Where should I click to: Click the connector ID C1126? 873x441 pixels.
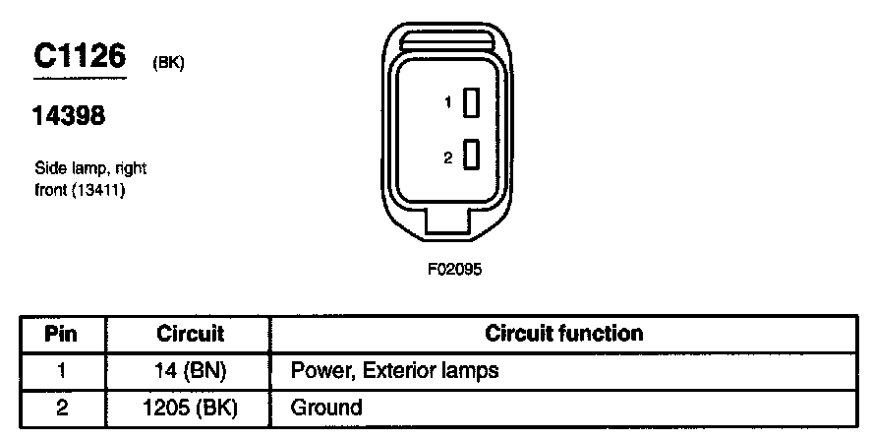point(81,58)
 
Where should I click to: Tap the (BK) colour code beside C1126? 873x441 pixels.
point(169,63)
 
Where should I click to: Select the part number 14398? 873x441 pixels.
point(70,116)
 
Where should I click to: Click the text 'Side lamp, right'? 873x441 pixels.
point(90,169)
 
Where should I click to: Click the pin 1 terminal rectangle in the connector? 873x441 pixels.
point(472,102)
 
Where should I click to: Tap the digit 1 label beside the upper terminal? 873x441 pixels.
point(447,102)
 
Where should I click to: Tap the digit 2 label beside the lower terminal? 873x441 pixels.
point(447,155)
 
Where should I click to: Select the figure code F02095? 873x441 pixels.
point(453,268)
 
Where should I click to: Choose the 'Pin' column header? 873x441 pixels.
point(62,334)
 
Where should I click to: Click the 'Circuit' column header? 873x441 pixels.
point(190,334)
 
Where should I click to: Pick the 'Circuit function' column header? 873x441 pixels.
point(564,334)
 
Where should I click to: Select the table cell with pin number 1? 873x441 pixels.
point(62,371)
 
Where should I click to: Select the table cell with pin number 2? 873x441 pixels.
point(62,408)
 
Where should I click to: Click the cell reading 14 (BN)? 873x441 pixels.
point(190,371)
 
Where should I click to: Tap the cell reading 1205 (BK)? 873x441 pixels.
point(190,408)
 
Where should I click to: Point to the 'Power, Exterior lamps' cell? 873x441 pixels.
point(395,371)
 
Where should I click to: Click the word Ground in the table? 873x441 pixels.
point(326,408)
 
